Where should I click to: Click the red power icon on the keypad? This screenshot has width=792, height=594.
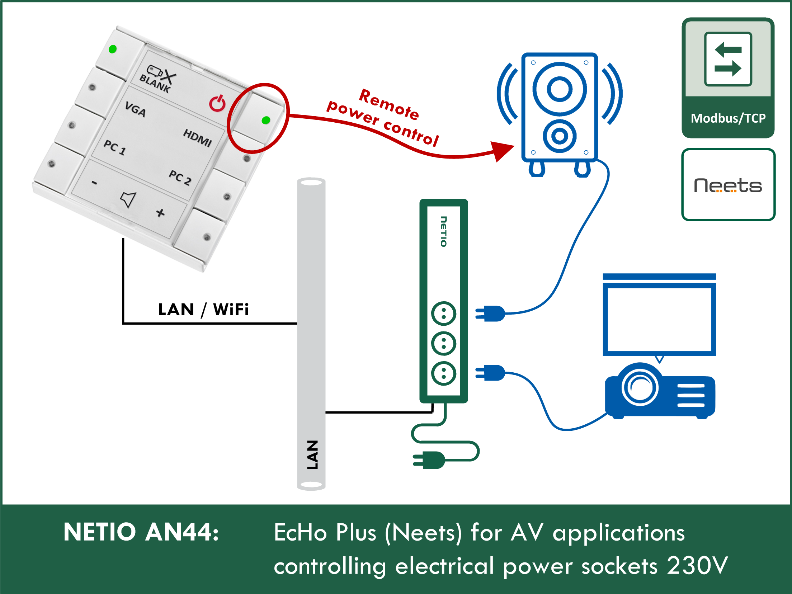coord(217,103)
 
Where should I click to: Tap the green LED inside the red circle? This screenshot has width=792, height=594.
coord(266,120)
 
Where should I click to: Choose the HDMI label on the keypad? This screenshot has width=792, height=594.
coord(197,137)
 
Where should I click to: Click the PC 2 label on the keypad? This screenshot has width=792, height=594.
coord(180,177)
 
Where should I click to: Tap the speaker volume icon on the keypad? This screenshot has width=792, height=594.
coord(128,199)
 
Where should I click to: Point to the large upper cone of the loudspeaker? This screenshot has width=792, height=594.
coord(559,89)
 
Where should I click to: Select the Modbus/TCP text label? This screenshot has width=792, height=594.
coord(728,118)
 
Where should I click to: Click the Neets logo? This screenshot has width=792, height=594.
coord(728,185)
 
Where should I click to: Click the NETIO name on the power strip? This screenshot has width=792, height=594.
coord(444,231)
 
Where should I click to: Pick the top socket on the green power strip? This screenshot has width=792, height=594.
coord(444,313)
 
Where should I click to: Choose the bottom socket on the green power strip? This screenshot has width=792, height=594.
coord(444,373)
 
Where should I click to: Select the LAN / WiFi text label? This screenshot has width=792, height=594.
coord(203,310)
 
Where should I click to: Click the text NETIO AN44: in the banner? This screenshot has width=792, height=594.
coord(141,532)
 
